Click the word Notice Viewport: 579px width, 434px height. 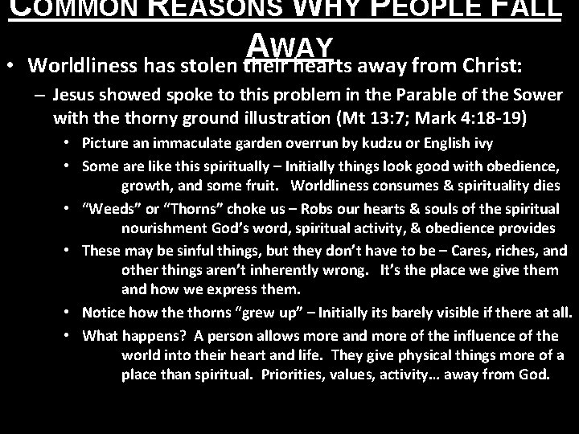click(x=101, y=312)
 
